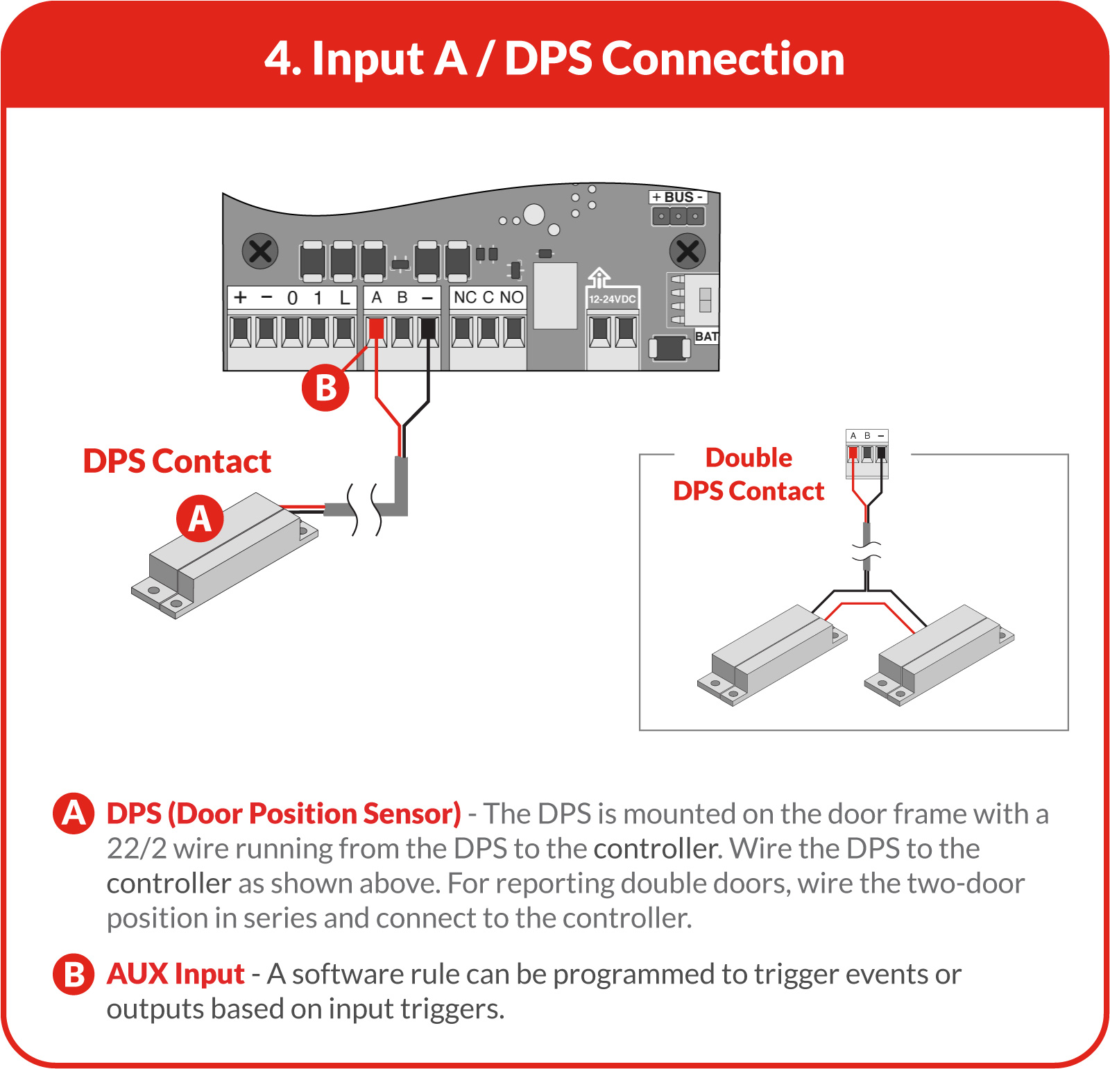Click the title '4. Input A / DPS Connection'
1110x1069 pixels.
click(x=554, y=58)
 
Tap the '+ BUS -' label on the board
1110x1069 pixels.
click(x=678, y=197)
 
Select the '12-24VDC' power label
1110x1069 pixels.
click(x=613, y=299)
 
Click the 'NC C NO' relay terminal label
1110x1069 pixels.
click(x=488, y=297)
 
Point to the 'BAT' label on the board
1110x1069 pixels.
click(x=706, y=337)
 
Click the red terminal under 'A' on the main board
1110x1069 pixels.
click(x=376, y=328)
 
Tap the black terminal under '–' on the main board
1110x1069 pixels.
click(x=429, y=328)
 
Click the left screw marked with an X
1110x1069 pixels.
click(x=260, y=251)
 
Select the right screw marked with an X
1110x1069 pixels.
click(x=688, y=251)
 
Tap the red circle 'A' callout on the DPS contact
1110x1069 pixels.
click(x=200, y=518)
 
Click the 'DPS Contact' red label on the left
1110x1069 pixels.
click(x=177, y=462)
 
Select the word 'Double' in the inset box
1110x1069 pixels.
click(x=749, y=458)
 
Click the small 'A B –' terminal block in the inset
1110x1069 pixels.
click(x=867, y=453)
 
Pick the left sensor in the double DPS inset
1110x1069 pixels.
click(x=772, y=655)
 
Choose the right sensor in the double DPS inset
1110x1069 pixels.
click(x=939, y=655)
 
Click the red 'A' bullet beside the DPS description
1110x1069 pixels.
click(x=74, y=814)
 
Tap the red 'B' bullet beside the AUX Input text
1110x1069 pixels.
click(x=74, y=974)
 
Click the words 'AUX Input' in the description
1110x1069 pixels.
click(x=176, y=974)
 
